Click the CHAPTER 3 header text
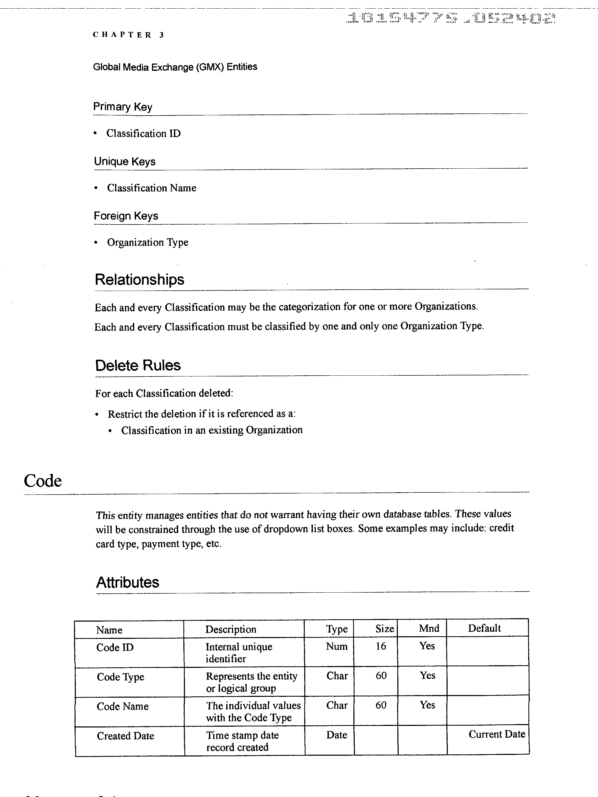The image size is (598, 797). [x=128, y=35]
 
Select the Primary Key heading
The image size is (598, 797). [x=123, y=107]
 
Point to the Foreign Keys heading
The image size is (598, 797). [x=126, y=216]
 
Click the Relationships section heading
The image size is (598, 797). [x=139, y=280]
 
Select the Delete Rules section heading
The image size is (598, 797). [x=138, y=365]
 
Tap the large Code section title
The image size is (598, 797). [x=43, y=481]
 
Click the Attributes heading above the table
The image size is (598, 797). [x=128, y=582]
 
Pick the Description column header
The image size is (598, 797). [x=231, y=629]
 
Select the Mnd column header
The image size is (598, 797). [x=429, y=628]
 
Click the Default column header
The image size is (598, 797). [x=484, y=628]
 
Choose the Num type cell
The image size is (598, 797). [x=336, y=646]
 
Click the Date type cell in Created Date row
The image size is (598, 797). [x=336, y=735]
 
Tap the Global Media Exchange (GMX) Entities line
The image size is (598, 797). [x=175, y=67]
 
